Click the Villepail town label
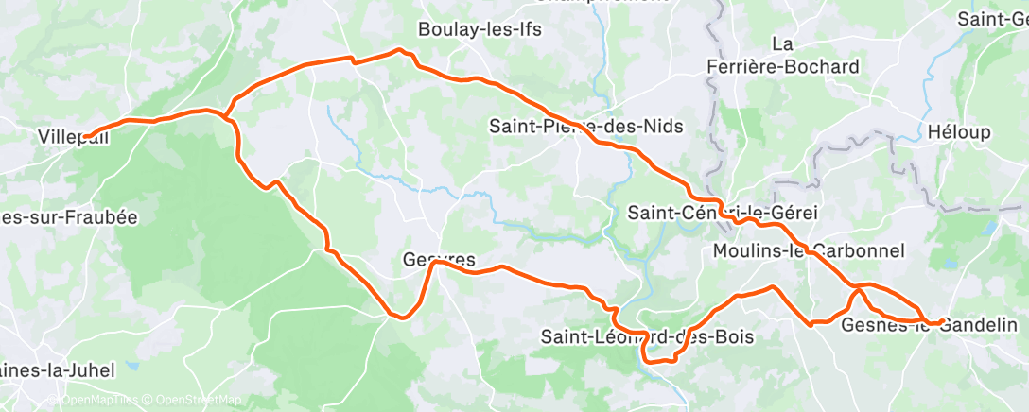point(72,136)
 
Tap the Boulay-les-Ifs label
point(480,29)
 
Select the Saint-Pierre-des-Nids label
point(585,126)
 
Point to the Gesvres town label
point(438,259)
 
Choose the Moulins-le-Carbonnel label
point(810,250)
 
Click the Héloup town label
point(959,130)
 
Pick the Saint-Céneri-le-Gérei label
point(723,213)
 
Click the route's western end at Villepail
point(84,138)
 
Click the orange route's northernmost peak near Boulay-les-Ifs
point(399,49)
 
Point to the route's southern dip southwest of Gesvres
point(405,318)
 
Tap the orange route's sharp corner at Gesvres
point(434,264)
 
